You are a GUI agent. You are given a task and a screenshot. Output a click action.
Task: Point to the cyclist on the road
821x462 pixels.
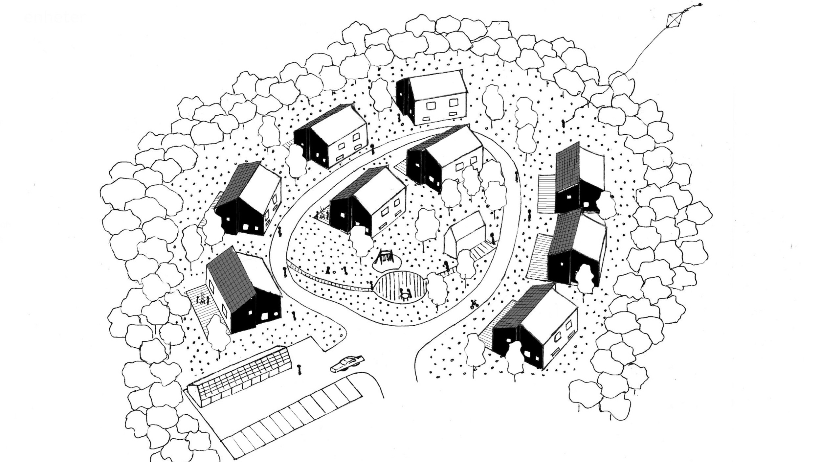473,304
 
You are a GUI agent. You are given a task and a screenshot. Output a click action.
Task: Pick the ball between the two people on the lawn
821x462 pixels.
334,272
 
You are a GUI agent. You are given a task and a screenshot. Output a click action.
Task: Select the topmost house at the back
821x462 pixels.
432,97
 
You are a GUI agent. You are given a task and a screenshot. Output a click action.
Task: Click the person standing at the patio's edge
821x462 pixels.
372,286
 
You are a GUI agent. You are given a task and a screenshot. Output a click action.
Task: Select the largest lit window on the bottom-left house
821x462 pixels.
265,316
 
